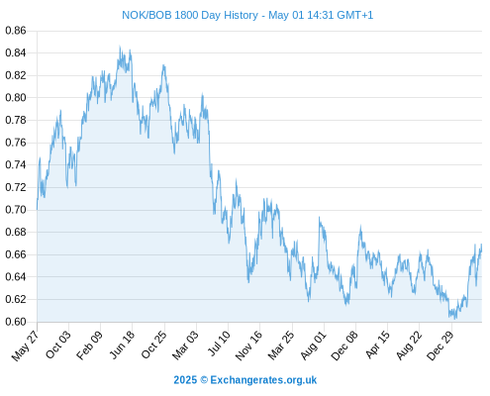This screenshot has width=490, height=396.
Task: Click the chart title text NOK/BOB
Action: [x=147, y=15]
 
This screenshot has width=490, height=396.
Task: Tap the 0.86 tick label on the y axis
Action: [x=16, y=31]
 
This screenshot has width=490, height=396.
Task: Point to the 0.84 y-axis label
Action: [x=16, y=52]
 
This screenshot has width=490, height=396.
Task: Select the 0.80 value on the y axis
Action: [x=16, y=98]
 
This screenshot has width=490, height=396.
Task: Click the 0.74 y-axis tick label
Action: [x=16, y=164]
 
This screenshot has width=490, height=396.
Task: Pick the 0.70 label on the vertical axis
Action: [x=16, y=210]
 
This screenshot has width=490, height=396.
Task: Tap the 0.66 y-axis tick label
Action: [x=16, y=254]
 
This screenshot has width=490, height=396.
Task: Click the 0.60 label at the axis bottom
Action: [x=16, y=322]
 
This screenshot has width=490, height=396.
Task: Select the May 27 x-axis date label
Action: [x=25, y=346]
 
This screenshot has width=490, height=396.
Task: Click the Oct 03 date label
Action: [x=58, y=345]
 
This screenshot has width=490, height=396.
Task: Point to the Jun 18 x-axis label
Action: [x=122, y=345]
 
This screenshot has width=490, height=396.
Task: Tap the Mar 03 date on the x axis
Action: [x=186, y=346]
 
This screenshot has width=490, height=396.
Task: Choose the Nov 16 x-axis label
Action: [x=248, y=346]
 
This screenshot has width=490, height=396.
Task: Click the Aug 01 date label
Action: [x=314, y=346]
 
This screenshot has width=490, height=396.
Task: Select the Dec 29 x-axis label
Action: [x=441, y=346]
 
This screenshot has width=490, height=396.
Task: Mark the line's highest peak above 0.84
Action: [x=120, y=47]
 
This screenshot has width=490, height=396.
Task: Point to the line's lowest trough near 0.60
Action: [x=455, y=319]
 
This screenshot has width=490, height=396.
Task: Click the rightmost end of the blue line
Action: [x=481, y=245]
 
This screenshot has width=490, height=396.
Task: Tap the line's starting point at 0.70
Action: [x=37, y=209]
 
